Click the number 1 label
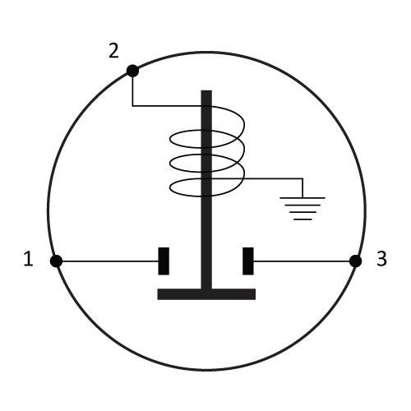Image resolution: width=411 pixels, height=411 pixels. [x=29, y=259]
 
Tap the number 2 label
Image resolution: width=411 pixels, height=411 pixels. [x=113, y=51]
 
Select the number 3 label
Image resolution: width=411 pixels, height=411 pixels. [x=381, y=259]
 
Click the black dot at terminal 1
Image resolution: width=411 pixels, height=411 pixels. [x=56, y=261]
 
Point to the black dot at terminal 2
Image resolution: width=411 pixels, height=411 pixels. [x=132, y=71]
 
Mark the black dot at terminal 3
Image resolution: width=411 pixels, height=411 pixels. [x=355, y=261]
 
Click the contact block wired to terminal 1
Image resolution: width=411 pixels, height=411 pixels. [x=164, y=261]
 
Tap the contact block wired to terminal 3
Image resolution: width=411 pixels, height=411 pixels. [x=248, y=261]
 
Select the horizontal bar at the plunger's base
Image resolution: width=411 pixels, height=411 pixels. [x=206, y=294]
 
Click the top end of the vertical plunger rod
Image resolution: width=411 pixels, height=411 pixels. [x=206, y=90]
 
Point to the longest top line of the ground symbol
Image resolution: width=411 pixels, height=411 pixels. [x=302, y=197]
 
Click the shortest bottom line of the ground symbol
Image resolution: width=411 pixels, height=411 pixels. [x=302, y=219]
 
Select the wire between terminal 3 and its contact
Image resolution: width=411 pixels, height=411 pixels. [x=302, y=261]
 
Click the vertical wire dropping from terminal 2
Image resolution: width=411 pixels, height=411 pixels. [x=132, y=91]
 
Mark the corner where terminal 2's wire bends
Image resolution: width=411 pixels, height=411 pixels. [x=132, y=106]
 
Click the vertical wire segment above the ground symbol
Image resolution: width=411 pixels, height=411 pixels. [x=302, y=188]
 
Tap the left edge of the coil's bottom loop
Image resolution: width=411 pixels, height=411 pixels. [x=170, y=187]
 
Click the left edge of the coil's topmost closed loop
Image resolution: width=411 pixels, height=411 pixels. [x=170, y=139]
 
